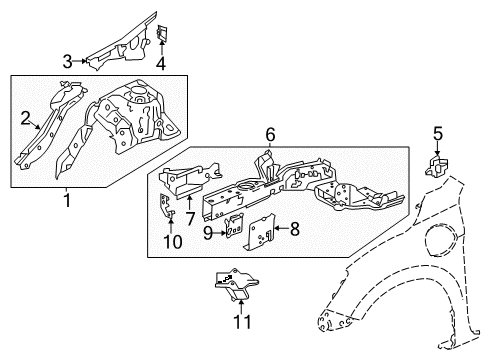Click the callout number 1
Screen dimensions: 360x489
(67, 200)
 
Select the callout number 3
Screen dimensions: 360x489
(67, 61)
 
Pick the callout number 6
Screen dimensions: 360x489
(269, 133)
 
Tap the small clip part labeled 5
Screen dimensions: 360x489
(436, 165)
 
